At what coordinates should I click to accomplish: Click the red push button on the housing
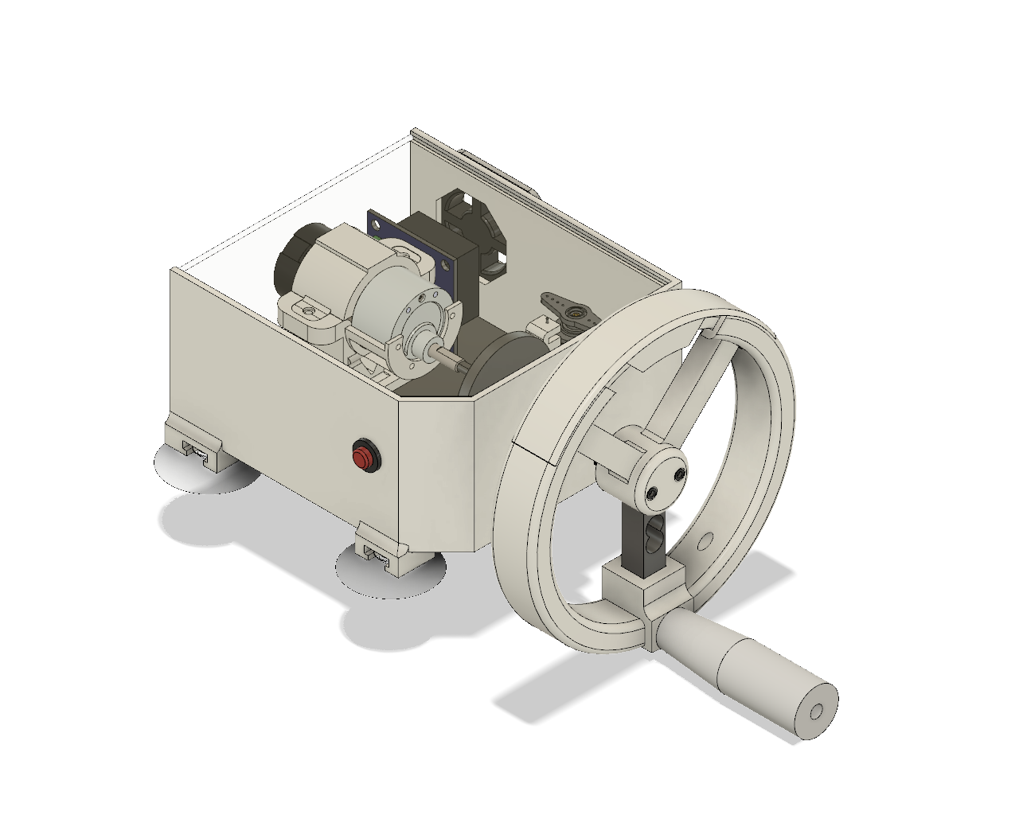point(364,457)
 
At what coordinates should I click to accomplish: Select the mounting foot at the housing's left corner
point(196,445)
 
